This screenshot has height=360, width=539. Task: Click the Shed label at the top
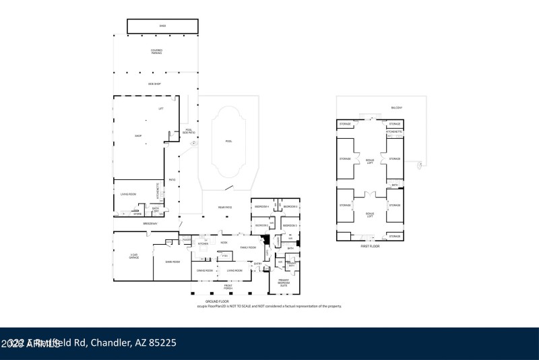(162, 26)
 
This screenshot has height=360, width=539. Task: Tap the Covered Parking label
(156, 51)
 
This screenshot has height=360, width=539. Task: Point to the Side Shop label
(154, 84)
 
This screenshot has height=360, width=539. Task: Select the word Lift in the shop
(160, 109)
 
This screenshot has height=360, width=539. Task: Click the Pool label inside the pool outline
(228, 141)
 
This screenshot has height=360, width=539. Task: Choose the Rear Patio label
(225, 207)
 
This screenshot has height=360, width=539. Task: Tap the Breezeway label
(150, 224)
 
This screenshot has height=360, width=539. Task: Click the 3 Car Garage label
(133, 257)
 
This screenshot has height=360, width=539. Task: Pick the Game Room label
(172, 262)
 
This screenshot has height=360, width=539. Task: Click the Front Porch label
(228, 287)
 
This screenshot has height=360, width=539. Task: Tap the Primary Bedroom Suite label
(283, 283)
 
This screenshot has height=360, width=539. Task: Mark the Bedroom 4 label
(261, 206)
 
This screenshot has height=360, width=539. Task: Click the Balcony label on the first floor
(396, 108)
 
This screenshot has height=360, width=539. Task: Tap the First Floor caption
(370, 246)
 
